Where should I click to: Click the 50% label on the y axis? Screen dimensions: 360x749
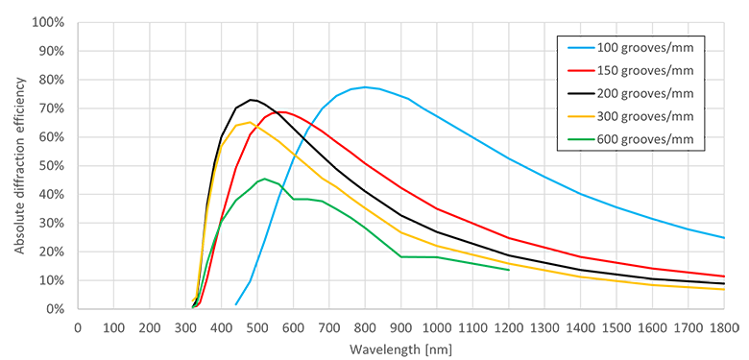(x=53, y=165)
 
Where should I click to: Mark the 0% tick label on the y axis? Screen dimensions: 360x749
(x=57, y=309)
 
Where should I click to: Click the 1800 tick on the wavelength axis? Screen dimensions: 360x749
(x=724, y=326)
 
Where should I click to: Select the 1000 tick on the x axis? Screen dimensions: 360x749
(x=437, y=326)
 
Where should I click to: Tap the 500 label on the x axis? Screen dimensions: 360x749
(x=257, y=326)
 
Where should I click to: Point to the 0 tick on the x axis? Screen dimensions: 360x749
(x=78, y=326)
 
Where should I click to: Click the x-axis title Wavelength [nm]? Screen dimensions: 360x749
(x=400, y=348)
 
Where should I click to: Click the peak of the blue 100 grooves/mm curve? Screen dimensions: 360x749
(x=365, y=86)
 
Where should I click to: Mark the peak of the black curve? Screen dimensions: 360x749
(x=251, y=100)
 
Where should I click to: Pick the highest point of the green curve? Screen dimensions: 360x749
(x=264, y=179)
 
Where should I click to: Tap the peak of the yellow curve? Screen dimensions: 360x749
(x=251, y=122)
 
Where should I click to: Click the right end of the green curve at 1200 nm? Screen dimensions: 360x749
(x=508, y=270)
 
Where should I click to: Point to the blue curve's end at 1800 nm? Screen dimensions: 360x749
(x=724, y=237)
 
